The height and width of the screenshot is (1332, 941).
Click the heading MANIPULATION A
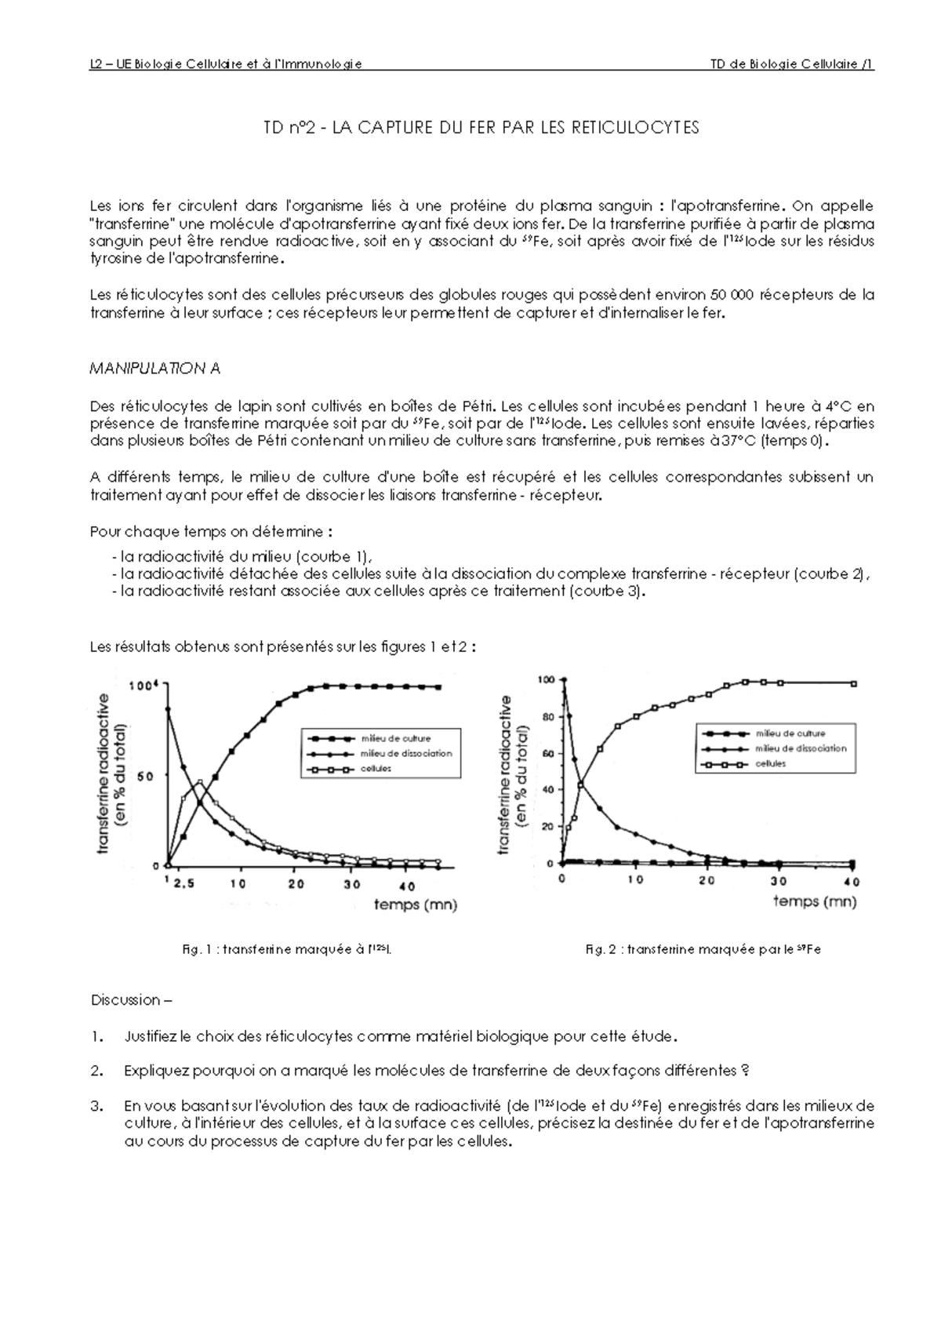coord(155,368)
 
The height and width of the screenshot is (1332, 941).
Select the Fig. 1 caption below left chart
coord(286,949)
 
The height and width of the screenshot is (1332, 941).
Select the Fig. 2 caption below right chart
coord(703,949)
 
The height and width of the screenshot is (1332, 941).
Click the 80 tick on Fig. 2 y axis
coord(547,716)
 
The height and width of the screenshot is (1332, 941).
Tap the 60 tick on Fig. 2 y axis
coord(547,753)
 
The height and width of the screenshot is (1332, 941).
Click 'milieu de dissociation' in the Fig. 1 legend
coord(406,753)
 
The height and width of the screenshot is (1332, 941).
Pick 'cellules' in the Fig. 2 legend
coord(770,763)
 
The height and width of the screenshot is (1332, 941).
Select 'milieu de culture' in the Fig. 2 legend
coord(790,733)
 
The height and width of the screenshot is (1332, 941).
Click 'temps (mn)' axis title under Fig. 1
coord(416,904)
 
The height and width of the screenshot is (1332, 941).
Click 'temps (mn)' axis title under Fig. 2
coord(816,901)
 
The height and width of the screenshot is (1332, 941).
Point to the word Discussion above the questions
coord(125,1000)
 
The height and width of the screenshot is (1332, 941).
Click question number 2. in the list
coord(97,1071)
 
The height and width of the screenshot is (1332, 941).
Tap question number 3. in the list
coord(97,1106)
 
